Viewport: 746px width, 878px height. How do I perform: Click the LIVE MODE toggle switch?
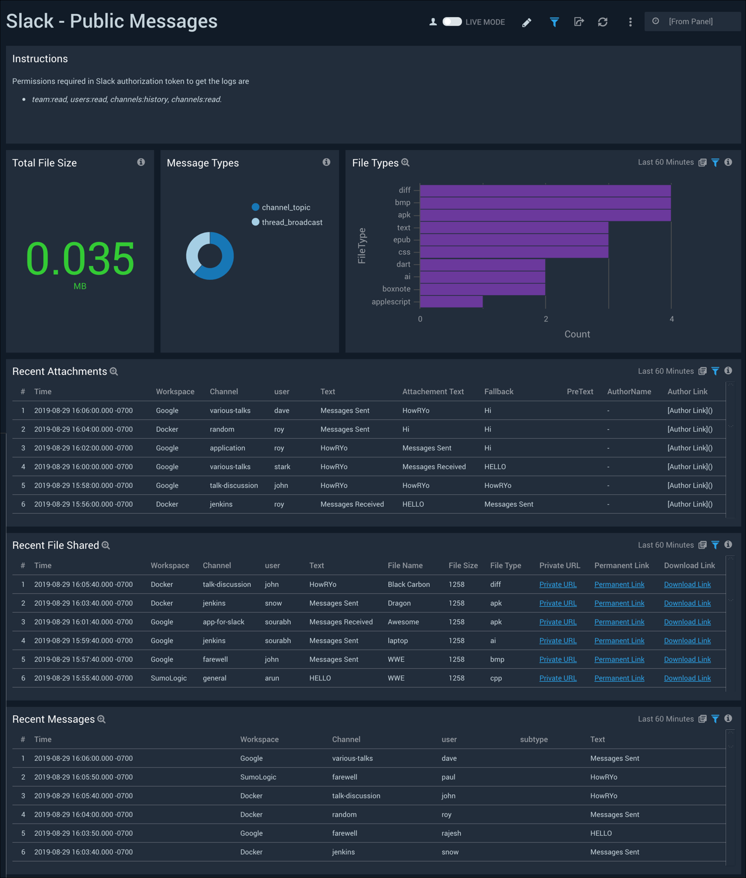[452, 22]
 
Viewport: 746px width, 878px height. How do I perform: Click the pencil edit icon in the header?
[527, 22]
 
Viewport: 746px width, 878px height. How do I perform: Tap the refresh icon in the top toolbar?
[603, 22]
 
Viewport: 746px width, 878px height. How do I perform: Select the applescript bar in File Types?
[451, 302]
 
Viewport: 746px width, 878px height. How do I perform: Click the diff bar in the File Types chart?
[545, 190]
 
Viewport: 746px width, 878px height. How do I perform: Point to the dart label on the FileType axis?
[403, 264]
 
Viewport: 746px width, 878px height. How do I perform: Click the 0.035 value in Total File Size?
[80, 258]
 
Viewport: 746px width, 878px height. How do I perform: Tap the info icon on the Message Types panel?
[326, 162]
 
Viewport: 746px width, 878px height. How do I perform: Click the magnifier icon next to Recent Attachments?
[114, 371]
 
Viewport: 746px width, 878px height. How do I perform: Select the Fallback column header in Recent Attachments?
[499, 391]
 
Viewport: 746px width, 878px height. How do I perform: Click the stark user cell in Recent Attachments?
[282, 467]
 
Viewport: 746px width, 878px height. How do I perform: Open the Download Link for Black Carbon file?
[687, 585]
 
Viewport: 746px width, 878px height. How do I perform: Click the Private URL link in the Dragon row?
[558, 603]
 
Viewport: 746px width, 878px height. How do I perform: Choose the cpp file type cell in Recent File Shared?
[496, 678]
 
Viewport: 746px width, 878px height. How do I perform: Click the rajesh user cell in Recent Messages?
[451, 833]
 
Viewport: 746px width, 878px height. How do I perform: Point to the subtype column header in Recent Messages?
[534, 739]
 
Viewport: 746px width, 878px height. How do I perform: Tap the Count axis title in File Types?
[577, 334]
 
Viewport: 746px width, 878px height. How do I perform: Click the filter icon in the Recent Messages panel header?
[716, 719]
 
